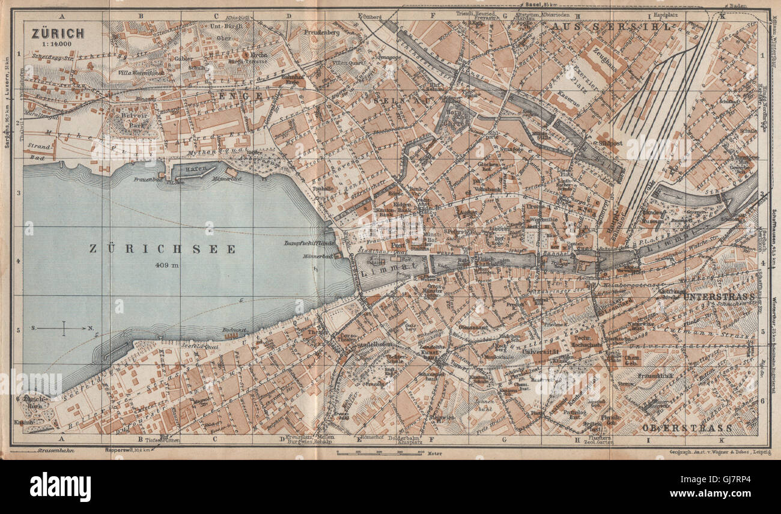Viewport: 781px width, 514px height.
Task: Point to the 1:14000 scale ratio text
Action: coord(55,44)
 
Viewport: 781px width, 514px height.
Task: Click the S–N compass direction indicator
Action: coord(64,328)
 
